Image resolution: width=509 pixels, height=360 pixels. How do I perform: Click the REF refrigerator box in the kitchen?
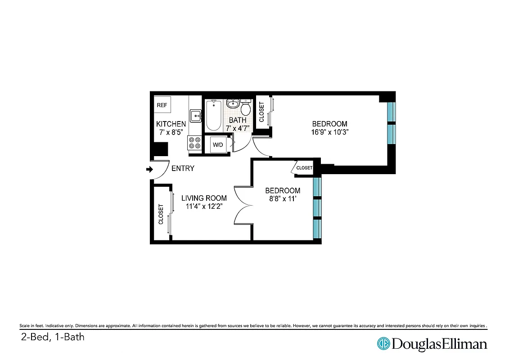click(162, 105)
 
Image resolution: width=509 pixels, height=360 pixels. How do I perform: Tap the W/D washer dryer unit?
click(218, 145)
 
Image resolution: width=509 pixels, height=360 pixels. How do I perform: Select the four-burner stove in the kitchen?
click(195, 143)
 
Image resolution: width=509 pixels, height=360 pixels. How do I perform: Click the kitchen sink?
click(196, 115)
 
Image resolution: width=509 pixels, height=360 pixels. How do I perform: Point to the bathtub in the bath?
click(213, 115)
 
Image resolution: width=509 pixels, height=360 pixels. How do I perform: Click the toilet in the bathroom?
click(246, 108)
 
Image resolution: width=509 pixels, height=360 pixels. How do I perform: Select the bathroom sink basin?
click(233, 104)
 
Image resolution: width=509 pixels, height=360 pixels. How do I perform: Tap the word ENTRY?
click(183, 168)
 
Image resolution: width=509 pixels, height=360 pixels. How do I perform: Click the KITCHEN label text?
click(171, 124)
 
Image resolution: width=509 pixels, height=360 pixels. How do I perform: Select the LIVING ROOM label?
click(204, 198)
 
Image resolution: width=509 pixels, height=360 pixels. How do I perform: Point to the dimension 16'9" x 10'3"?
click(330, 132)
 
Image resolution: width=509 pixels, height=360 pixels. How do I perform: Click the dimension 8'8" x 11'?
click(282, 198)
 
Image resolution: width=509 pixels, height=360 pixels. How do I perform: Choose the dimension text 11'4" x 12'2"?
click(204, 206)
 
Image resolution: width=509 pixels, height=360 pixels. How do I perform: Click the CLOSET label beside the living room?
click(161, 214)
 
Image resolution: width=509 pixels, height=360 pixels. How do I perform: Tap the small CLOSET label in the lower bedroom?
click(304, 168)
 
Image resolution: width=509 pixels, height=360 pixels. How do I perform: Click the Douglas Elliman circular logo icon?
click(383, 344)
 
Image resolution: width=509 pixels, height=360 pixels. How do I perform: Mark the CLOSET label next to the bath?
click(261, 112)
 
